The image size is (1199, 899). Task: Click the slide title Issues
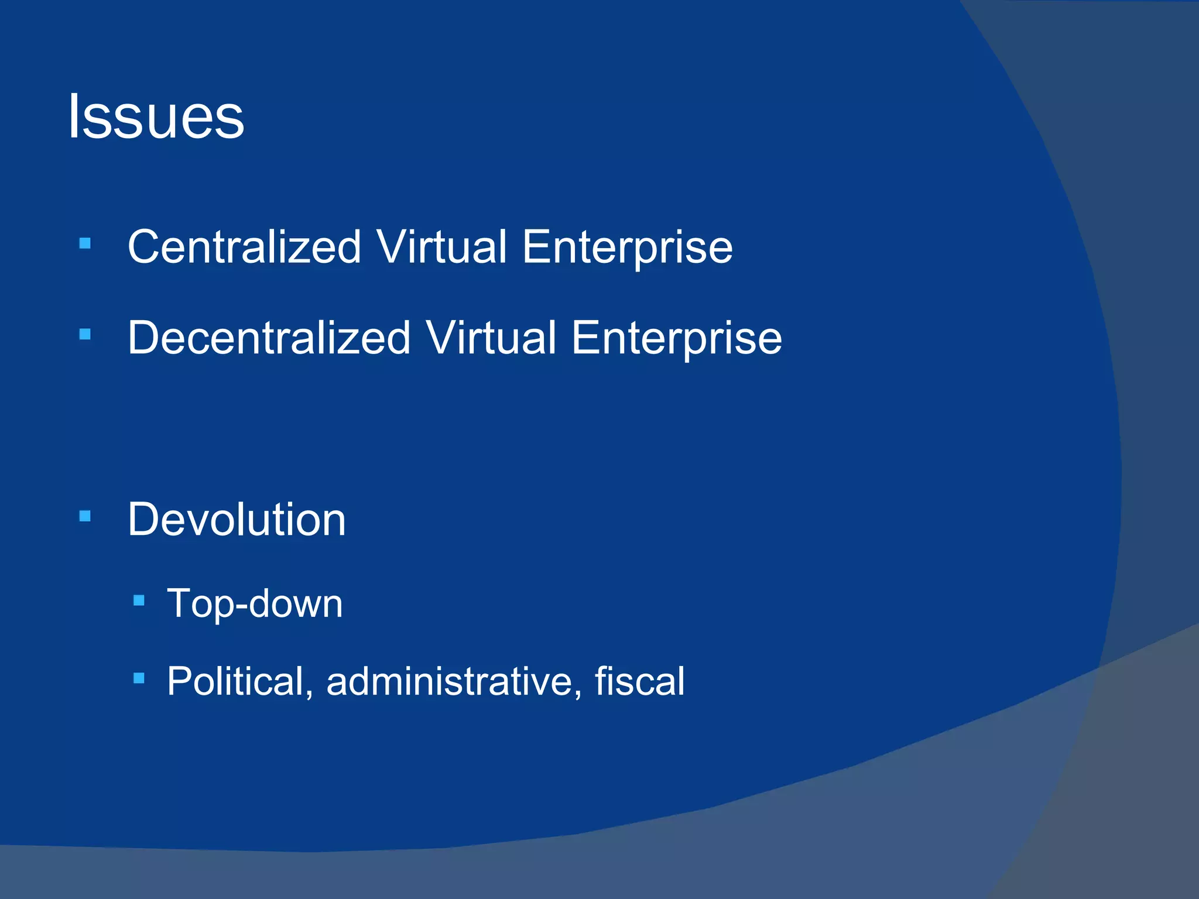[156, 117]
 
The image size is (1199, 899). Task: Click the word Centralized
[244, 247]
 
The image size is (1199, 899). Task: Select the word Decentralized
[269, 338]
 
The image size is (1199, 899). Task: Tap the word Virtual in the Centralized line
[441, 247]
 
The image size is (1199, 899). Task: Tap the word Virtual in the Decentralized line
[491, 338]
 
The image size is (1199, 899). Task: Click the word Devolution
[237, 520]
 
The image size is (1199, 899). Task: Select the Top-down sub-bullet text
[255, 604]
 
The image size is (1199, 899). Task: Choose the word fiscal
[639, 681]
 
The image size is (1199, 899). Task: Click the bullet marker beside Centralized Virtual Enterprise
[85, 243]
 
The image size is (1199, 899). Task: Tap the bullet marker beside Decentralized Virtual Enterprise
[85, 335]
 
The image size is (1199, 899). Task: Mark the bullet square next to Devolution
[85, 516]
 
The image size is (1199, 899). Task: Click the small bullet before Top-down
[139, 601]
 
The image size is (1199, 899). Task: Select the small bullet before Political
[139, 678]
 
